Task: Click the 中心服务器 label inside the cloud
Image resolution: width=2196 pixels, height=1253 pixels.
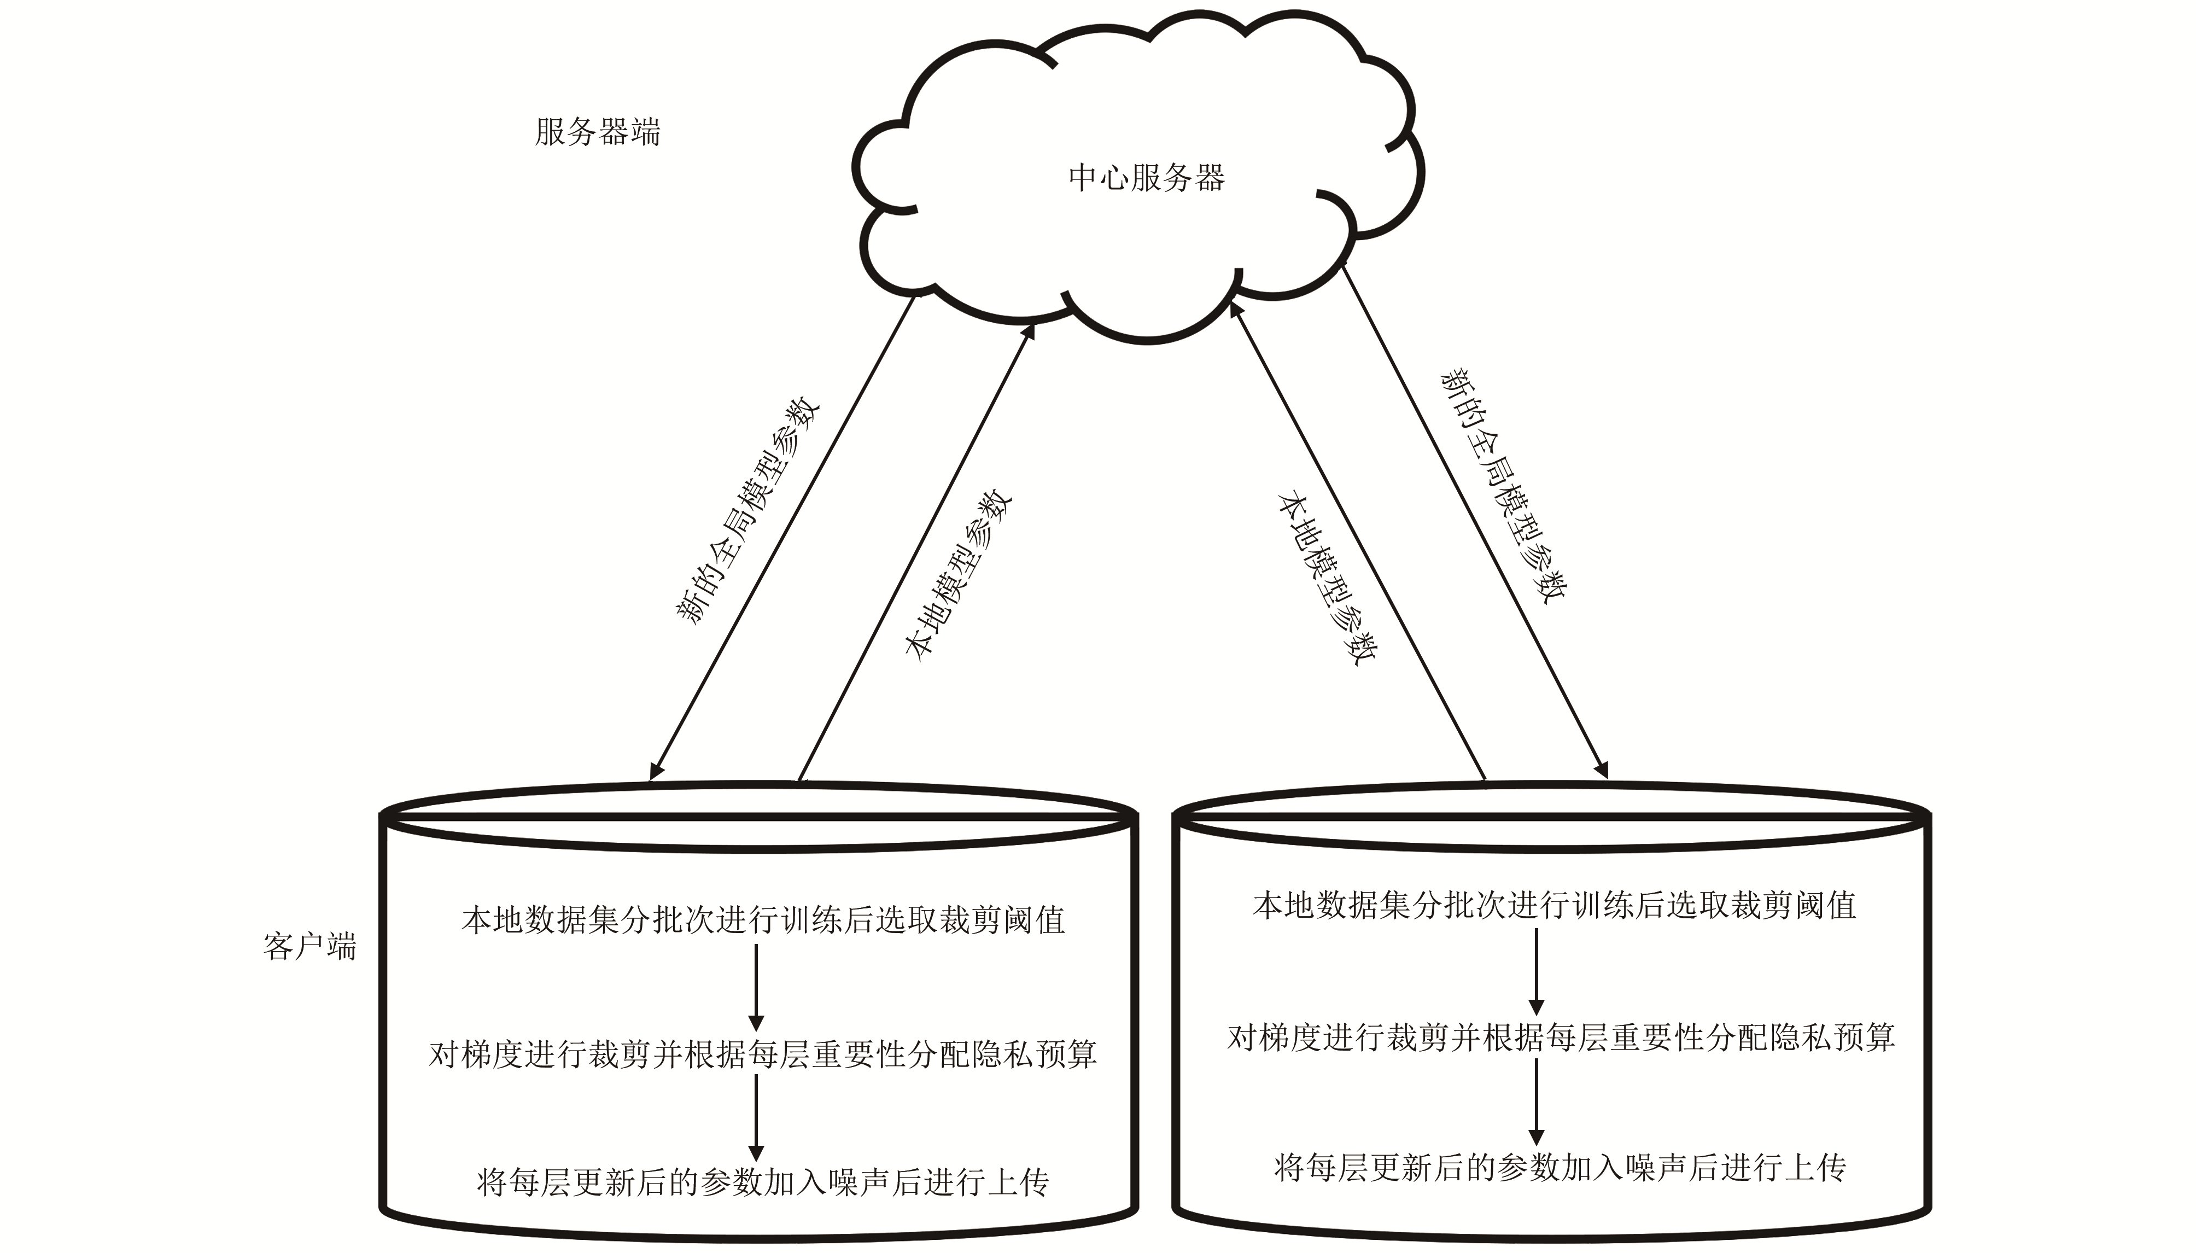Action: coord(1146,178)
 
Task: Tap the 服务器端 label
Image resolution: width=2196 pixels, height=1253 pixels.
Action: coord(598,132)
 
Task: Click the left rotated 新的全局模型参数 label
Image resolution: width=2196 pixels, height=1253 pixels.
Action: coord(746,510)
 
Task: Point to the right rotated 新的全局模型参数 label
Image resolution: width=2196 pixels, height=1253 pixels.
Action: coord(1504,486)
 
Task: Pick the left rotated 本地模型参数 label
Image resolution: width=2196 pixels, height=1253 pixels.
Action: coord(957,575)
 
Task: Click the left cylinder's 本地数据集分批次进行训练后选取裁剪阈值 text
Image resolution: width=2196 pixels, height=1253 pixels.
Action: coord(763,920)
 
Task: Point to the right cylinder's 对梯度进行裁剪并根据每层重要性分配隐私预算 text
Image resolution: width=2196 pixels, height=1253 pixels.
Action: coord(1561,1037)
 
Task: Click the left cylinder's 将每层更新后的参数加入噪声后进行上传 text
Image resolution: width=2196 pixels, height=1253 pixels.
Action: coord(763,1182)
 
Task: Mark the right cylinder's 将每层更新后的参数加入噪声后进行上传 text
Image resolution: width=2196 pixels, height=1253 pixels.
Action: coord(1560,1167)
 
